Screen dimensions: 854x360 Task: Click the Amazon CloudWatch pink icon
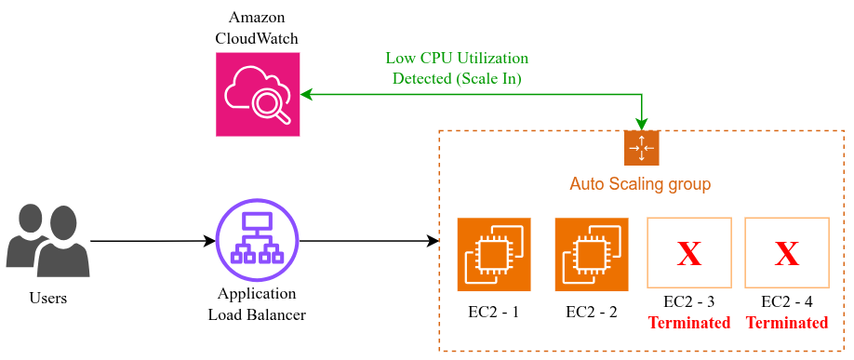(x=258, y=94)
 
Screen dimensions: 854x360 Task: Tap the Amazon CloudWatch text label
(x=257, y=28)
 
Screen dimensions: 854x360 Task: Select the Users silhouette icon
(x=48, y=240)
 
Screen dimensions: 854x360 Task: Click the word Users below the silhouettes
(x=48, y=299)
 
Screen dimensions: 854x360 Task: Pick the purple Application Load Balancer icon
(x=258, y=240)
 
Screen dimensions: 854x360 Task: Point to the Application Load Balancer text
(x=257, y=304)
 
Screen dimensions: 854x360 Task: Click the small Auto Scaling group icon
(x=642, y=148)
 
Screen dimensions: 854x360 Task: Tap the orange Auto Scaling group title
(x=640, y=184)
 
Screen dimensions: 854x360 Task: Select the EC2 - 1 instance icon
(x=494, y=255)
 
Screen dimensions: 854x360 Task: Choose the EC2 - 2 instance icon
(x=592, y=255)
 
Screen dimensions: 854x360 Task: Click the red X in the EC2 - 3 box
(x=689, y=254)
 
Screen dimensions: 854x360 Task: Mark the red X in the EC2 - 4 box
(x=787, y=254)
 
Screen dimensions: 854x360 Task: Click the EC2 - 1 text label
(x=493, y=313)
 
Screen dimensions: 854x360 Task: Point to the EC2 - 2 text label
(x=592, y=313)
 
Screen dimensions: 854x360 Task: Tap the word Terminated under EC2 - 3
(x=689, y=323)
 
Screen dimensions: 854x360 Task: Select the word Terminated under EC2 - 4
(x=787, y=323)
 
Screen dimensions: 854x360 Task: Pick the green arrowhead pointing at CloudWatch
(x=306, y=94)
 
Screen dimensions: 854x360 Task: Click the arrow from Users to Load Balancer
(x=153, y=240)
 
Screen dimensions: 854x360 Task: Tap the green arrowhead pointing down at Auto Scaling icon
(x=642, y=124)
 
